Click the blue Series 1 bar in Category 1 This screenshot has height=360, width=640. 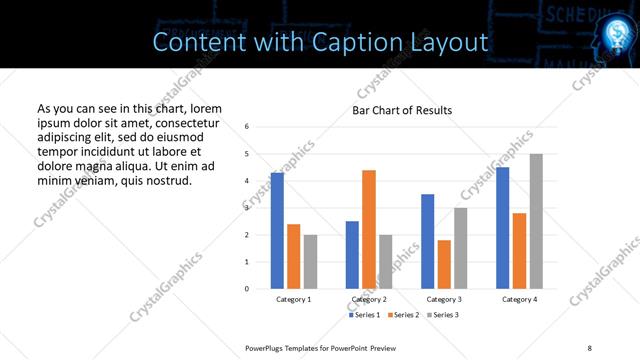tap(277, 231)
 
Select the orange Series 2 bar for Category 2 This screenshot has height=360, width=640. tap(369, 229)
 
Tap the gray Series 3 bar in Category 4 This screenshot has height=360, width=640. tap(536, 221)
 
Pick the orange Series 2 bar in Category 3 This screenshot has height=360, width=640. tap(444, 264)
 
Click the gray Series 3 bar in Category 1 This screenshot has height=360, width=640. tap(310, 262)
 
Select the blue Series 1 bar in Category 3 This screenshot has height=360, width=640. tap(428, 241)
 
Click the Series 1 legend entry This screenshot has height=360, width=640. tap(365, 315)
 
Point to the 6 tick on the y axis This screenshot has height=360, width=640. tap(247, 126)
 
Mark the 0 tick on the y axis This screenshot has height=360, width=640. tap(247, 289)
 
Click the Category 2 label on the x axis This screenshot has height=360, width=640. tap(369, 299)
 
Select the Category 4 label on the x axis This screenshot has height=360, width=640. tap(519, 299)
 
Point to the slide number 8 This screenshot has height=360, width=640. tap(588, 346)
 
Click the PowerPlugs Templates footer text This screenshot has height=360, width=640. tap(321, 346)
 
